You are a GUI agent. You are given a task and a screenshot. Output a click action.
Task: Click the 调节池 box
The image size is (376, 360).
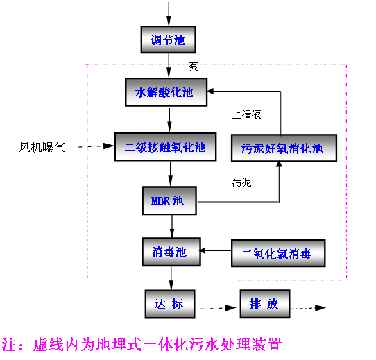(x=169, y=40)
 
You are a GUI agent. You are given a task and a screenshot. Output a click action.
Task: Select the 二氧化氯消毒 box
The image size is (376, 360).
(x=277, y=253)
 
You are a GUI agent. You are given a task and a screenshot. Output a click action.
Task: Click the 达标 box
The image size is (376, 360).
(x=169, y=305)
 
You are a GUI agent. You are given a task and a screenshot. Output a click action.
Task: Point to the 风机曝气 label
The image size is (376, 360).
(x=43, y=147)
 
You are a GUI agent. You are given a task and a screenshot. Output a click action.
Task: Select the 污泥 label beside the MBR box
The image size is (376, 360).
(x=241, y=182)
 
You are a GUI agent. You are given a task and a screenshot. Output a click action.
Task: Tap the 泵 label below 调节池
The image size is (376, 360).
(x=194, y=67)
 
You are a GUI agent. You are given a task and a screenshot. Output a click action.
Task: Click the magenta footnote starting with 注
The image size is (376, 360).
(x=142, y=343)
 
